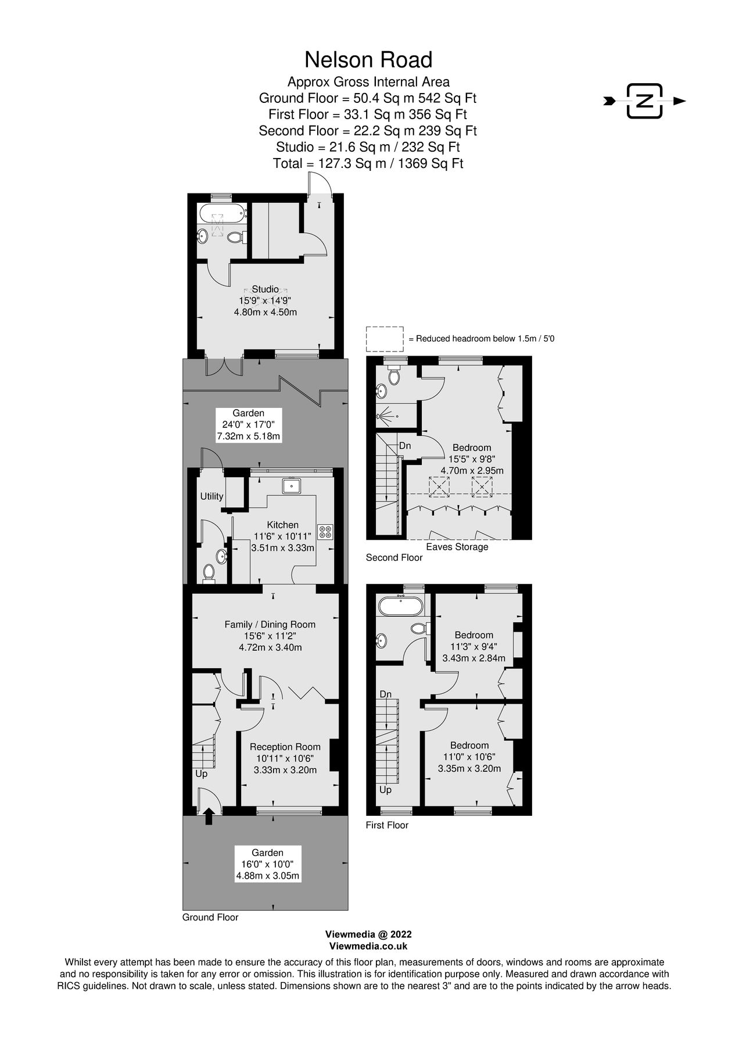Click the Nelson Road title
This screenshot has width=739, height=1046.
[368, 59]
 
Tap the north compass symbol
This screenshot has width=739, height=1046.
[644, 101]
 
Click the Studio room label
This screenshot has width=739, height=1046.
[264, 289]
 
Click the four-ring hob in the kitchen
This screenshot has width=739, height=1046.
[326, 531]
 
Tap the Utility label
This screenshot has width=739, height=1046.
[211, 496]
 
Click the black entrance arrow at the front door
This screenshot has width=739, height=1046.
[209, 816]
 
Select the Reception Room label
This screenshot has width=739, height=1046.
[285, 747]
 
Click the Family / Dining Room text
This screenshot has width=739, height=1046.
[270, 625]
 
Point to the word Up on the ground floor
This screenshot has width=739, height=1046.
[201, 774]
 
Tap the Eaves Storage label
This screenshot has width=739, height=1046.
[457, 547]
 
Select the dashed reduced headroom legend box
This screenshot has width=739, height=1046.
[384, 339]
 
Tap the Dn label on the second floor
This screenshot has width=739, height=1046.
[405, 446]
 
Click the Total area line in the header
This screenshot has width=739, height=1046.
[368, 163]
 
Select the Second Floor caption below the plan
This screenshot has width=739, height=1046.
[394, 558]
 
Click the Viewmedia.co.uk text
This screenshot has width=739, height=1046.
[368, 946]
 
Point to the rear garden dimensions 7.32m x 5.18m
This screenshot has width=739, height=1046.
[249, 436]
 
